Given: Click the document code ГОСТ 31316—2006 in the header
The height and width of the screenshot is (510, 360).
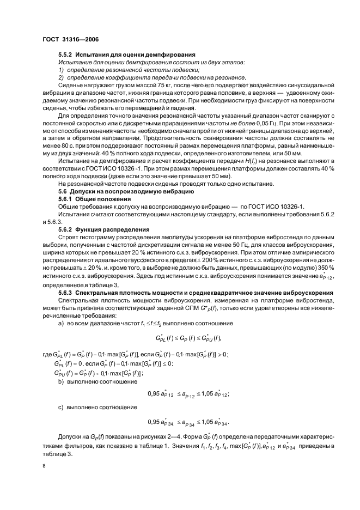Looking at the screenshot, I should [x=70, y=39].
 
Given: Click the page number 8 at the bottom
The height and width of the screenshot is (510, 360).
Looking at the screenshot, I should [x=44, y=465].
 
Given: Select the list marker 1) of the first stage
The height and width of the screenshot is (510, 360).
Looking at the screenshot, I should [x=61, y=70].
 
